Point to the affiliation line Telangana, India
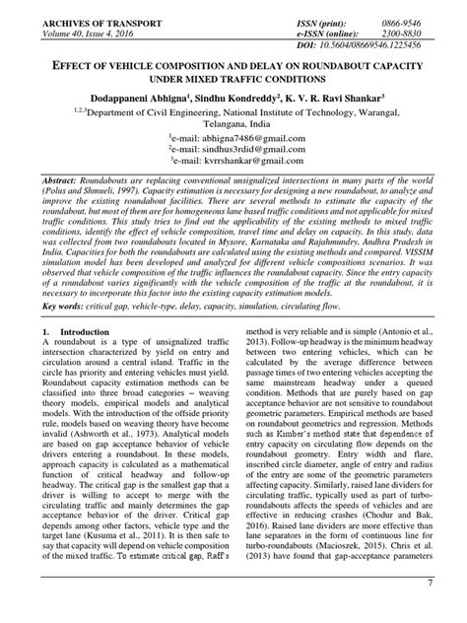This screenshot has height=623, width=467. point(233,124)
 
